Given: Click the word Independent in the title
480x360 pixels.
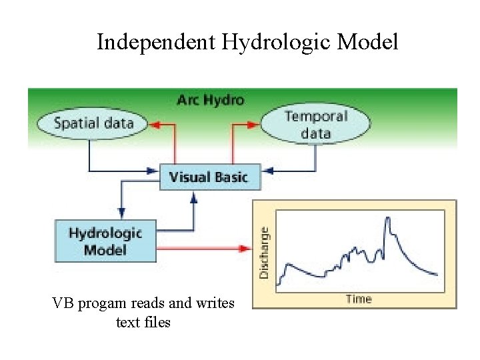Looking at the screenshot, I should [x=155, y=42].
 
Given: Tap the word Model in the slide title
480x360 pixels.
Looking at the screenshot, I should [x=367, y=42].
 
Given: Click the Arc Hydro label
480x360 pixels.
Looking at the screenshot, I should [x=210, y=100].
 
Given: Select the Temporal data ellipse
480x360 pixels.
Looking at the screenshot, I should [x=316, y=125].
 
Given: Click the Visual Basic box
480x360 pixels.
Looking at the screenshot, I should [x=209, y=177].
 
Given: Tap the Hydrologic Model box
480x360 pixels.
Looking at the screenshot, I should [x=105, y=241].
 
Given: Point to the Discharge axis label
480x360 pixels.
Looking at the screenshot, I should [x=264, y=253].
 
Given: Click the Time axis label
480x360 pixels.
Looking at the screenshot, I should [x=359, y=299].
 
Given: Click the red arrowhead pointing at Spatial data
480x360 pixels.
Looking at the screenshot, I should [x=155, y=123].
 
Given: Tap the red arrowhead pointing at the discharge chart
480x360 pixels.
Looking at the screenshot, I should [x=244, y=249].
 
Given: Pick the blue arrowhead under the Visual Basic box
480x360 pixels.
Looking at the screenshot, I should [x=193, y=195].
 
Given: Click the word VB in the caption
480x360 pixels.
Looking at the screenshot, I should [x=64, y=304].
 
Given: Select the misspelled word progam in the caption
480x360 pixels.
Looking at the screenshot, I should [x=101, y=305].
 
